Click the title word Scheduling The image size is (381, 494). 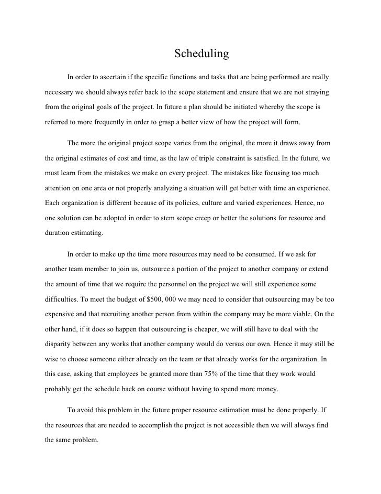pyautogui.click(x=201, y=54)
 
